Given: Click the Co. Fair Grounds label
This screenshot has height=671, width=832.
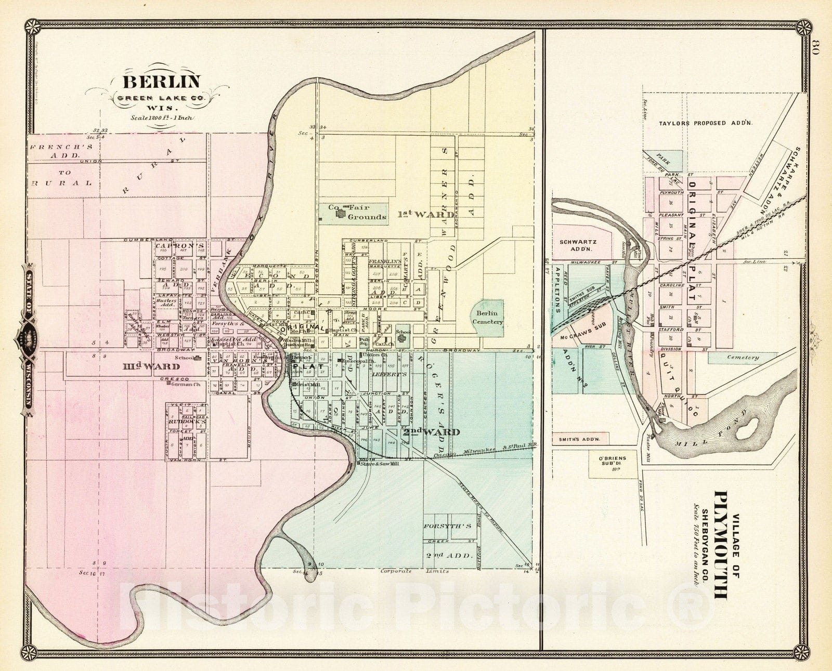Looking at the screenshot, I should pos(358,212).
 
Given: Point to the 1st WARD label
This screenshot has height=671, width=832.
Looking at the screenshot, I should pos(419,214).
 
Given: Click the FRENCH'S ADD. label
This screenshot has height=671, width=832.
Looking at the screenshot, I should pos(55,151).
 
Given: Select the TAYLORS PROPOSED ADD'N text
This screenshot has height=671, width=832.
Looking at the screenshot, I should pos(706,124).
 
